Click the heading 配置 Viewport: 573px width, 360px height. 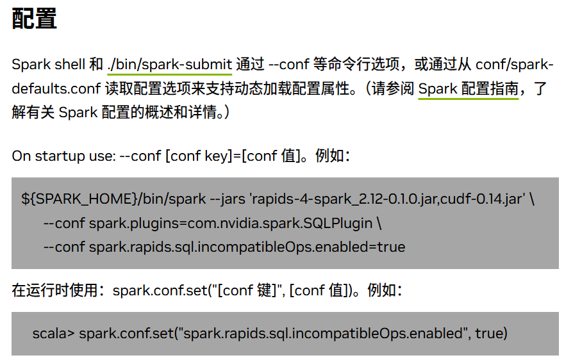[35, 19]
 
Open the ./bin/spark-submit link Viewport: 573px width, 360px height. [170, 65]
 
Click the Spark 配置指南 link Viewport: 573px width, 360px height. [468, 88]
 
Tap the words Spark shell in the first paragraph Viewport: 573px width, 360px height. [49, 65]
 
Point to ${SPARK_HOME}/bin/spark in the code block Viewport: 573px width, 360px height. [113, 199]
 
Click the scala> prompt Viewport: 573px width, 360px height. [54, 334]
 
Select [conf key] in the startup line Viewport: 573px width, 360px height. [197, 156]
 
